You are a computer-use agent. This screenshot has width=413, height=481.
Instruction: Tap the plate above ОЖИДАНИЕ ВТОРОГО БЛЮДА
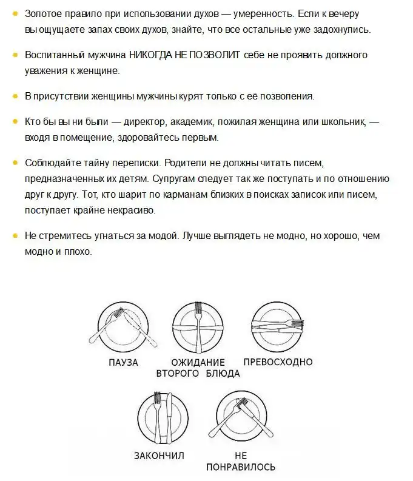click(198, 325)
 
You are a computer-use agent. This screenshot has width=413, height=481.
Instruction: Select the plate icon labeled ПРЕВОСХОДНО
click(277, 325)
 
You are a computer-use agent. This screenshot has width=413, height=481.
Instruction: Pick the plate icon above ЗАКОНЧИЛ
click(159, 419)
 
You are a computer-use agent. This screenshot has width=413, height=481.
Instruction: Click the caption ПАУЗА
click(123, 363)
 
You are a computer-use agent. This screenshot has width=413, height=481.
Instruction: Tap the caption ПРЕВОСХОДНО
click(278, 362)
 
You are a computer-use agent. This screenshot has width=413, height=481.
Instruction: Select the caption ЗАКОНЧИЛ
click(159, 455)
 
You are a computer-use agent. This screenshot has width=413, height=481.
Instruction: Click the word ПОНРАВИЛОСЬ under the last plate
click(241, 467)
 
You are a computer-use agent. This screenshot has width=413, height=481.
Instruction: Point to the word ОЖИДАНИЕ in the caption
click(198, 363)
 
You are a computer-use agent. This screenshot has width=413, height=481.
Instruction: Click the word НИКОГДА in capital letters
click(154, 55)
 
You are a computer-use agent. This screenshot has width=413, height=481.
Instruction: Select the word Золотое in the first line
click(44, 14)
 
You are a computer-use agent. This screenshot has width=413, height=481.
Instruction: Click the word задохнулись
click(339, 30)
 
